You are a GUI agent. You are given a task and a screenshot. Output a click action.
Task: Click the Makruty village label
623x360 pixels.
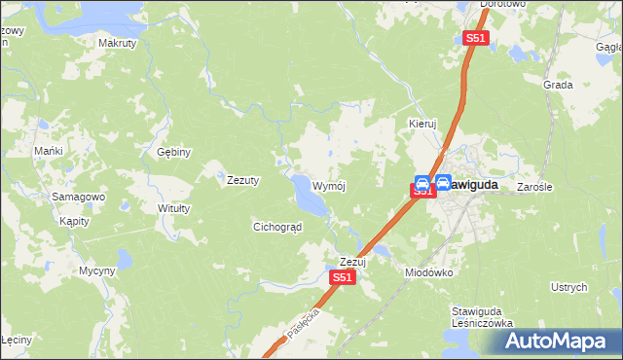pyautogui.click(x=118, y=43)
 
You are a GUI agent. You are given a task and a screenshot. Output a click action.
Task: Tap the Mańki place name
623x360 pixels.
pyautogui.click(x=49, y=152)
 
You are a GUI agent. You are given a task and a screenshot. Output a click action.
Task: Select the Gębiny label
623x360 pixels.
pyautogui.click(x=174, y=152)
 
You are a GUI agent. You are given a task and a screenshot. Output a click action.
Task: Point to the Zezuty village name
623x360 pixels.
pyautogui.click(x=242, y=180)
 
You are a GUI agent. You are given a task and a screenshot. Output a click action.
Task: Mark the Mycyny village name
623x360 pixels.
pyautogui.click(x=97, y=270)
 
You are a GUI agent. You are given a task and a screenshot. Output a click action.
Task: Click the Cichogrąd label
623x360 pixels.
pyautogui.click(x=277, y=227)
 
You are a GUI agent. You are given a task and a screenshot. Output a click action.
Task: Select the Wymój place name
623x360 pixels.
pyautogui.click(x=329, y=186)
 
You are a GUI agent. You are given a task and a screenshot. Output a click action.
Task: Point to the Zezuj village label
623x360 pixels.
pyautogui.click(x=351, y=262)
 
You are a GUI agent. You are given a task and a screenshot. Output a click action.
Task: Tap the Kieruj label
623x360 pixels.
pyautogui.click(x=421, y=125)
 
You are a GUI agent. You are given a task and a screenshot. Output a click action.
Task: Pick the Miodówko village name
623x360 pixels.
pyautogui.click(x=429, y=273)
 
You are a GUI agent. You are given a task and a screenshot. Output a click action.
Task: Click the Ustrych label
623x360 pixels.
pyautogui.click(x=569, y=288)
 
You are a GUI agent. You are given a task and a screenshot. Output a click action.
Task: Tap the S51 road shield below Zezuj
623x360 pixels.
pyautogui.click(x=342, y=277)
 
